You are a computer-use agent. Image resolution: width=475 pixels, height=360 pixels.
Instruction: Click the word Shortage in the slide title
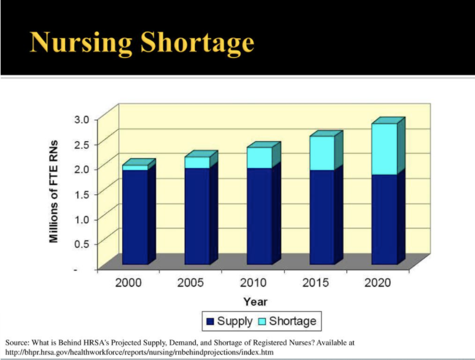tap(198, 42)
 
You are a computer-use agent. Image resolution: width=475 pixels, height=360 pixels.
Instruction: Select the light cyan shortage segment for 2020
tap(384, 149)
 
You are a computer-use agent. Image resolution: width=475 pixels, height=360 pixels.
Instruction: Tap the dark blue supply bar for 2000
tap(135, 216)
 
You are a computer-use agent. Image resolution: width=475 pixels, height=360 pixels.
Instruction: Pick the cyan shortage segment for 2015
tap(322, 153)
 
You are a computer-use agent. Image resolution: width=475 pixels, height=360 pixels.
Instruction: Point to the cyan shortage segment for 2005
tap(197, 163)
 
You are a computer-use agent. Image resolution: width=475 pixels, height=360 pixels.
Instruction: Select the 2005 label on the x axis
tap(190, 282)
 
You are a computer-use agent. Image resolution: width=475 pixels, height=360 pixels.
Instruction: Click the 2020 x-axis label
tap(377, 282)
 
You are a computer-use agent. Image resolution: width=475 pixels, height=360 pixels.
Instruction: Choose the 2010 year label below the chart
tap(252, 282)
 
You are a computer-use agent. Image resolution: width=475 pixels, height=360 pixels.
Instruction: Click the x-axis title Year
tap(255, 301)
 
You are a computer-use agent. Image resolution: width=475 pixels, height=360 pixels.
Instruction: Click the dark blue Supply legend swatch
tap(210, 322)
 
